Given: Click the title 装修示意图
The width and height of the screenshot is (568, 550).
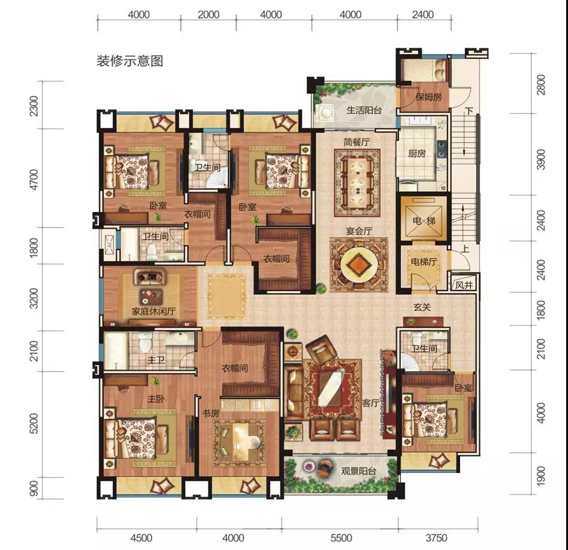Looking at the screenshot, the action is (129, 61).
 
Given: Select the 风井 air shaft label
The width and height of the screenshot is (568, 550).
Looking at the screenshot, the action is (464, 285).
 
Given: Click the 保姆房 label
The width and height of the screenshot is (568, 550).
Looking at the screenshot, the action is (428, 96).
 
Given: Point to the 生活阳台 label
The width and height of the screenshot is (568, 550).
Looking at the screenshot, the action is (364, 110).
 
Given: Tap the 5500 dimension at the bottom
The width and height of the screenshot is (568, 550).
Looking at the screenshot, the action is (341, 537).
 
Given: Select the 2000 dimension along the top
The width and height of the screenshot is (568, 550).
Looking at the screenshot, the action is (209, 14).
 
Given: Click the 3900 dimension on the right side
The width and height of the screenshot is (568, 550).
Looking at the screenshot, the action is (540, 159).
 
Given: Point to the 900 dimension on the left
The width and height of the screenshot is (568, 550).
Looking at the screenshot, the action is (33, 489).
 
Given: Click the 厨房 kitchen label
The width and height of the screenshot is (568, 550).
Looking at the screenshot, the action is (416, 153).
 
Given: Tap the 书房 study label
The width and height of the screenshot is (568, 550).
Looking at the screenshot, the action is (210, 413).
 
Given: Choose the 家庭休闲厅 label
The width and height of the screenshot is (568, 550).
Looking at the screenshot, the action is (153, 311).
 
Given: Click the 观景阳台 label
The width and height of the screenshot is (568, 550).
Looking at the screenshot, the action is (359, 471).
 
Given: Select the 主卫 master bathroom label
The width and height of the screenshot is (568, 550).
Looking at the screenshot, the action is (156, 360).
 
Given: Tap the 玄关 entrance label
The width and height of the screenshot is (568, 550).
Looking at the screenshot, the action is (422, 307).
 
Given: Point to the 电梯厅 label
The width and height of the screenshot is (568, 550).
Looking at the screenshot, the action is (424, 261).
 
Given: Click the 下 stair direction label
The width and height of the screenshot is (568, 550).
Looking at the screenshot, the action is (470, 111).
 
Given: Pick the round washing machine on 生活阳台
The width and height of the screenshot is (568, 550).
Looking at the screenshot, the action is (326, 113).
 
